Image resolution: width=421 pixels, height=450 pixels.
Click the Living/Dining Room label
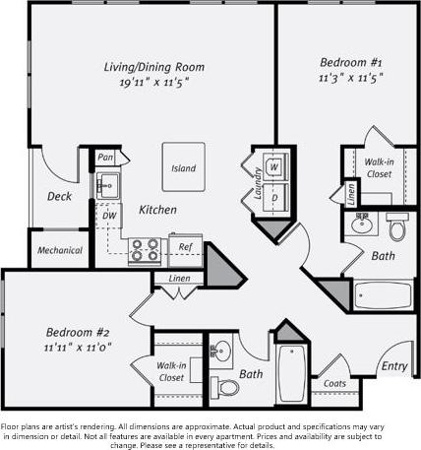[154, 67]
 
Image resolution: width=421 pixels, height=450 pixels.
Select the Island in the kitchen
[183, 168]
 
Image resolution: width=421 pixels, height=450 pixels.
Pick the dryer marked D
[274, 197]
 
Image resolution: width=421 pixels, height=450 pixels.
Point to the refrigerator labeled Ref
[184, 247]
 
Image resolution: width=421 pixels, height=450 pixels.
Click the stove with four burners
[146, 250]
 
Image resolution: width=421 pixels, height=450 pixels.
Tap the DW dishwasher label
[109, 215]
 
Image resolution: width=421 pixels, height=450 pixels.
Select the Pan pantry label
[106, 158]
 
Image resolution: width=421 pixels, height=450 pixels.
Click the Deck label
[59, 196]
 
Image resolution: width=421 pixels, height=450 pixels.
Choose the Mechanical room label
[59, 250]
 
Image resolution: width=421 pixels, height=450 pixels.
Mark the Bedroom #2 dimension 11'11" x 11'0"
[76, 347]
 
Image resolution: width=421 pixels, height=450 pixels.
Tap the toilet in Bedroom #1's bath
[397, 227]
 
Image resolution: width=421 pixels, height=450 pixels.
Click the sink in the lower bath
[221, 352]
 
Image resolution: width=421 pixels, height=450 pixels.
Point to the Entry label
[394, 366]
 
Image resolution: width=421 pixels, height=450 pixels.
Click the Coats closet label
[333, 384]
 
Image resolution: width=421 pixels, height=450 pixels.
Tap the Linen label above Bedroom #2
[179, 279]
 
